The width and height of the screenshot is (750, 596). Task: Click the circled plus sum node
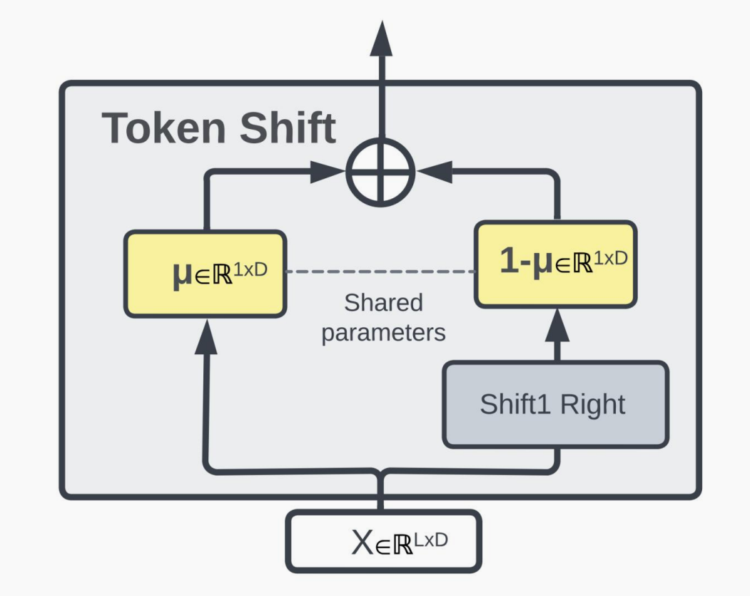pyautogui.click(x=380, y=171)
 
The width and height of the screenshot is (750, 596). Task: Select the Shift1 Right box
pyautogui.click(x=556, y=404)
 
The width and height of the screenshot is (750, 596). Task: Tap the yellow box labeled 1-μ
pyautogui.click(x=555, y=264)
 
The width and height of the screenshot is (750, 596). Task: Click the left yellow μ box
pyautogui.click(x=206, y=273)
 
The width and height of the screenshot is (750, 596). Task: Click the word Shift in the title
pyautogui.click(x=288, y=128)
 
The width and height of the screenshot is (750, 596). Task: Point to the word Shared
pyautogui.click(x=383, y=302)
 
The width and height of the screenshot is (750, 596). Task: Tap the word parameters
pyautogui.click(x=383, y=332)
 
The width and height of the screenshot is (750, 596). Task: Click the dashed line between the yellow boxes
pyautogui.click(x=380, y=272)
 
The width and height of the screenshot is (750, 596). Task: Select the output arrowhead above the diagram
pyautogui.click(x=380, y=39)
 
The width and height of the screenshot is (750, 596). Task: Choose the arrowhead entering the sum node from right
pyautogui.click(x=433, y=171)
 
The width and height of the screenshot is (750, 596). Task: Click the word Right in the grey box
pyautogui.click(x=592, y=404)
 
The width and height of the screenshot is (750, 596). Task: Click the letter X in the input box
pyautogui.click(x=363, y=543)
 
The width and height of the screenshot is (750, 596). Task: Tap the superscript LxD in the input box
pyautogui.click(x=431, y=536)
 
